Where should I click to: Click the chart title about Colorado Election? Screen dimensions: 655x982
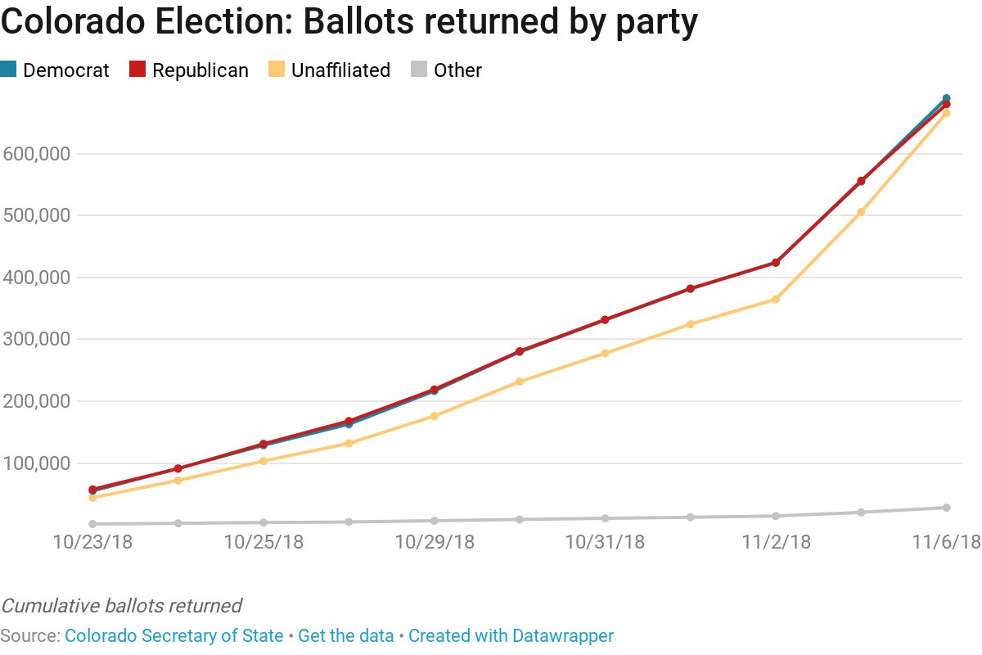tap(349, 22)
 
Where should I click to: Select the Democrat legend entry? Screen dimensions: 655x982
tap(56, 70)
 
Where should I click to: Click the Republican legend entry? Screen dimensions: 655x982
tap(190, 70)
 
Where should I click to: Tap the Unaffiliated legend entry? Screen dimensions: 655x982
tap(330, 70)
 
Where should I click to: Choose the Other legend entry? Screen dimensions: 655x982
tap(447, 70)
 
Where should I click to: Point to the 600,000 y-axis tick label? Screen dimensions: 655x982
tap(38, 154)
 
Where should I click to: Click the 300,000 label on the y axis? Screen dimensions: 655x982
tap(38, 339)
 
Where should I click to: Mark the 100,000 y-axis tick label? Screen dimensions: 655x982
tap(38, 463)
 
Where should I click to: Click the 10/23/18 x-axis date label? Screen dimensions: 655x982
tap(92, 542)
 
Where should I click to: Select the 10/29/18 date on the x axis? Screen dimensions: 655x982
tap(435, 542)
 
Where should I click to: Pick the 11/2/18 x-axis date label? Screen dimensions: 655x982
tap(776, 542)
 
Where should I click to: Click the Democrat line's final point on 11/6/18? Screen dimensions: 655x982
tap(947, 98)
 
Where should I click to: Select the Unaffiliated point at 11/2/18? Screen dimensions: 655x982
tap(776, 299)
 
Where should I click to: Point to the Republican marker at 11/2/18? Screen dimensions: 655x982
tap(776, 263)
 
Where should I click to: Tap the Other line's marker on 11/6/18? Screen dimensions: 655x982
tap(947, 508)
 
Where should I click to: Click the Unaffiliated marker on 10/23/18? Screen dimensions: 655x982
tap(92, 498)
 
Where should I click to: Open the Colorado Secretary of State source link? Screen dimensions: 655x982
tap(173, 635)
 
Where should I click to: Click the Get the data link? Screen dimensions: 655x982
tap(345, 635)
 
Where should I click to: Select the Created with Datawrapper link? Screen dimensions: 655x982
tap(511, 635)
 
